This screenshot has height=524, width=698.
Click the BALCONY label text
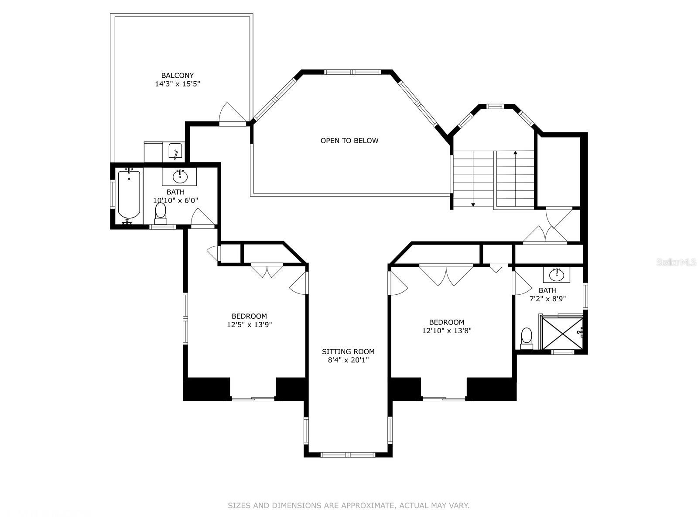pyautogui.click(x=177, y=76)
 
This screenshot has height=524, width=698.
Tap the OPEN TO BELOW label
pyautogui.click(x=349, y=141)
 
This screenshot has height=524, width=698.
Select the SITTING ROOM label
pyautogui.click(x=348, y=352)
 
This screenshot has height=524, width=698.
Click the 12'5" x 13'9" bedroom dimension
pyautogui.click(x=249, y=324)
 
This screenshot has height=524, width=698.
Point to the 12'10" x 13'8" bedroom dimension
pyautogui.click(x=446, y=331)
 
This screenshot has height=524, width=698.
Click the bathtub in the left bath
pyautogui.click(x=129, y=195)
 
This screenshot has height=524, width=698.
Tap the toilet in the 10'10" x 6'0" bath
pyautogui.click(x=161, y=214)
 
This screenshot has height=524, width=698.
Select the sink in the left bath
pyautogui.click(x=180, y=176)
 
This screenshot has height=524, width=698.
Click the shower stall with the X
pyautogui.click(x=562, y=333)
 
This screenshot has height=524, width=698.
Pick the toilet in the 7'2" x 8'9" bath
pyautogui.click(x=527, y=338)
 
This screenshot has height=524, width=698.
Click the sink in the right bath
pyautogui.click(x=556, y=275)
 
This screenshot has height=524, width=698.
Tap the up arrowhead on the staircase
pyautogui.click(x=515, y=153)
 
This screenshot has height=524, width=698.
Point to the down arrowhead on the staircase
pyautogui.click(x=473, y=205)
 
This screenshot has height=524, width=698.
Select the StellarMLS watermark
pyautogui.click(x=676, y=262)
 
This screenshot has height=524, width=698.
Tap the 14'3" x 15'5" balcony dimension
pyautogui.click(x=178, y=84)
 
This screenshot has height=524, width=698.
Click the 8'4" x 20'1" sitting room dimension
pyautogui.click(x=348, y=360)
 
